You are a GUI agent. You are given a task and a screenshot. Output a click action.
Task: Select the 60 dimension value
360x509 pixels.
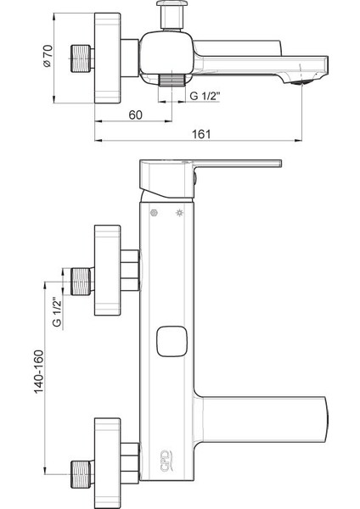(x=135, y=115)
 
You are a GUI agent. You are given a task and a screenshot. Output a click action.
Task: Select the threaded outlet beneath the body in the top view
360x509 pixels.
(x=172, y=79)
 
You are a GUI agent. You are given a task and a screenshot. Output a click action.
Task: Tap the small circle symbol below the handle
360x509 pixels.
(x=155, y=212)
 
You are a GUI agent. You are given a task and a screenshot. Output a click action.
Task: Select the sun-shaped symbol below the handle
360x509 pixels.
(x=179, y=212)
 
